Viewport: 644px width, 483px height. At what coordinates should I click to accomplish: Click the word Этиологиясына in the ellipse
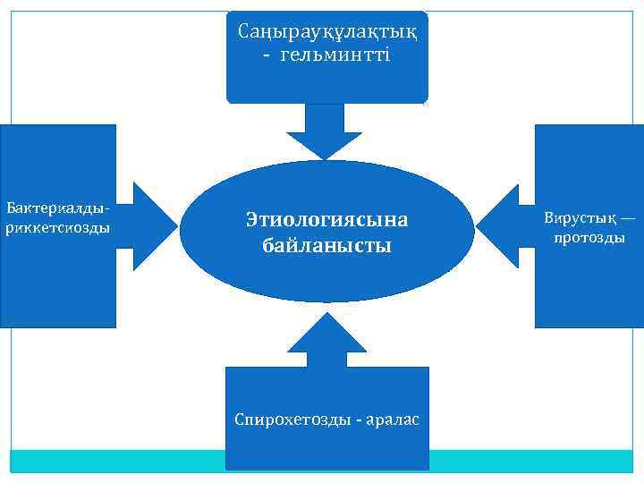tap(326, 219)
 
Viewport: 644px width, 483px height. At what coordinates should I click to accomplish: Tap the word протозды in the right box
tap(589, 238)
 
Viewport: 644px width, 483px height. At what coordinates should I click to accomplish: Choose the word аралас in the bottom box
tap(393, 419)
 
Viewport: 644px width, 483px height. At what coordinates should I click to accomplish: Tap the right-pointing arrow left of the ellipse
tap(149, 218)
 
